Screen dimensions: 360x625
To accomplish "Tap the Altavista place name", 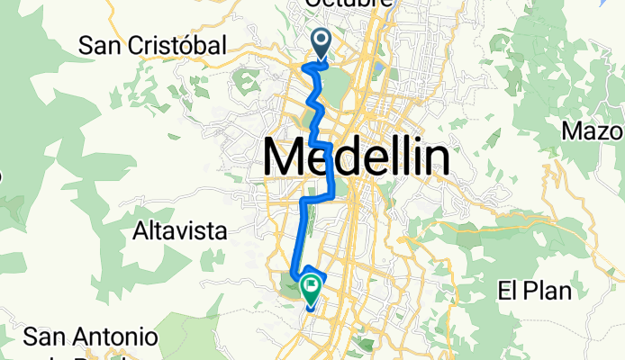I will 178,231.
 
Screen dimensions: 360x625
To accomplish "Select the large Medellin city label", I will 357,159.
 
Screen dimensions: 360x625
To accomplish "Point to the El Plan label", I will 535,292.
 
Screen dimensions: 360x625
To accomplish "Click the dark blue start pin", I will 322,41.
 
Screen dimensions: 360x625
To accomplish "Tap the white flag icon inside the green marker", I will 312,287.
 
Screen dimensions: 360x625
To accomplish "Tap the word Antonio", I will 122,337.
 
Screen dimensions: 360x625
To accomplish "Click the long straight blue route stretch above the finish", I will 300,238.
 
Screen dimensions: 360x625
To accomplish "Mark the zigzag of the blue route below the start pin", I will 317,108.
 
